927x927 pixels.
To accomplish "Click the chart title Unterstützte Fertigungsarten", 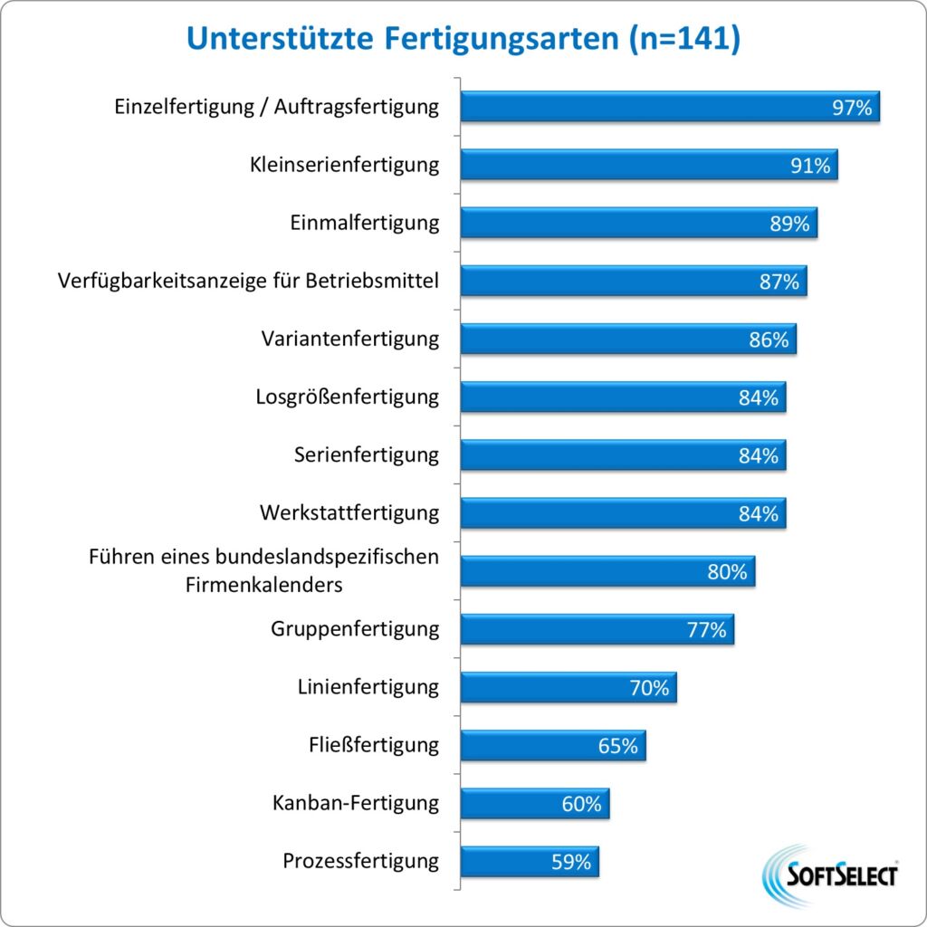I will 463,41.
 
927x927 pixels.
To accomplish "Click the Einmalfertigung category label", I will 365,223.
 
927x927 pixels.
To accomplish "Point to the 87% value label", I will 779,282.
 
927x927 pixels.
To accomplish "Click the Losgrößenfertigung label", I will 348,397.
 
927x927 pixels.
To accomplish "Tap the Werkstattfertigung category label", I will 349,513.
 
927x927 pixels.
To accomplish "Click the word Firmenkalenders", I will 264,585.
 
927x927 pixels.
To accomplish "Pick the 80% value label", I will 727,572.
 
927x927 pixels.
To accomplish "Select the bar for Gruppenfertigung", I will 579,629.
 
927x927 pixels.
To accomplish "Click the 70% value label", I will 649,688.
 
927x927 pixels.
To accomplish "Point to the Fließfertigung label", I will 374,745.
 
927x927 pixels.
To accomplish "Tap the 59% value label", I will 571,862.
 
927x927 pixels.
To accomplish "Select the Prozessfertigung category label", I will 361,861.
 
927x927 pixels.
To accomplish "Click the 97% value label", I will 852,108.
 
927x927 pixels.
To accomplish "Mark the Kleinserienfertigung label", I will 344,165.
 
